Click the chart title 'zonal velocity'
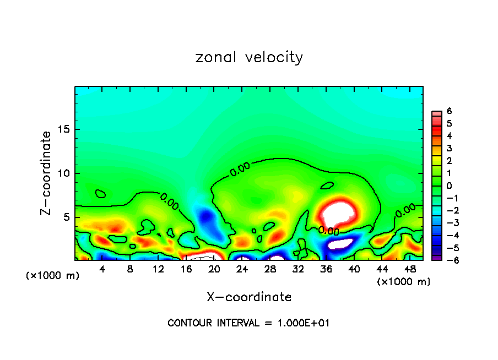point(249,57)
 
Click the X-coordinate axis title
point(249,297)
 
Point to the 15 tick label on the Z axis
point(62,129)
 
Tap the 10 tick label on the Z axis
point(62,173)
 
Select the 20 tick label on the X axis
point(214,269)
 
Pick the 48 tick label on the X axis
point(410,269)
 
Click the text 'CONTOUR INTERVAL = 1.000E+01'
point(248,323)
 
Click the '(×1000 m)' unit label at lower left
point(53,276)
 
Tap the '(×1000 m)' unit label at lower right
point(404,282)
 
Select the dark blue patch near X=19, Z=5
point(207,217)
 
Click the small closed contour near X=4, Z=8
point(100,194)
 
